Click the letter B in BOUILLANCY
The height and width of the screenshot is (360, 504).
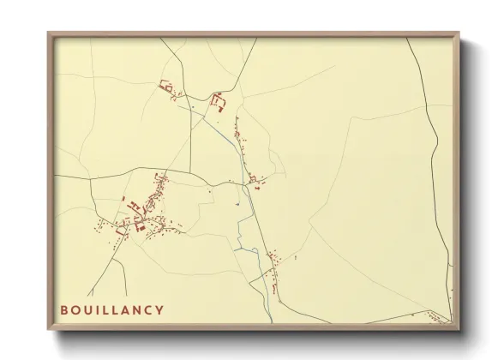click(x=65, y=309)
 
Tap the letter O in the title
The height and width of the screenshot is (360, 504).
click(x=76, y=309)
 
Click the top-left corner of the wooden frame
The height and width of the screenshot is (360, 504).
click(x=49, y=33)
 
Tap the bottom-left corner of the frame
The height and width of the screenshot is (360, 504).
click(x=49, y=330)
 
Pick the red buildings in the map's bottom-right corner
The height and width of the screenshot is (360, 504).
click(x=436, y=318)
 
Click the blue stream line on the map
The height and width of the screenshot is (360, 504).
click(x=246, y=206)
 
